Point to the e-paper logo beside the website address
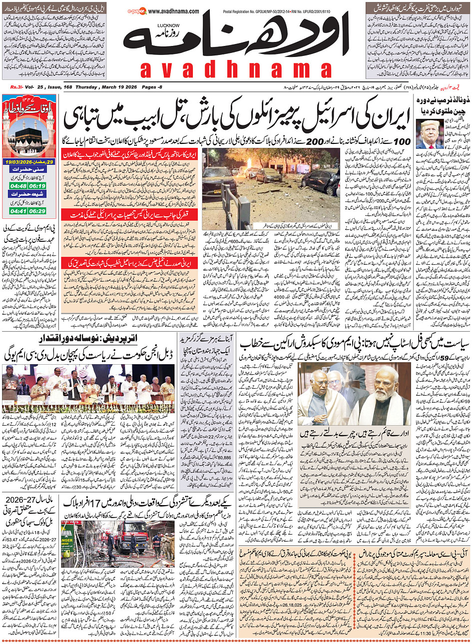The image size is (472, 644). point(136,10)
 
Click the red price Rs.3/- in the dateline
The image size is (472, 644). point(17,87)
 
